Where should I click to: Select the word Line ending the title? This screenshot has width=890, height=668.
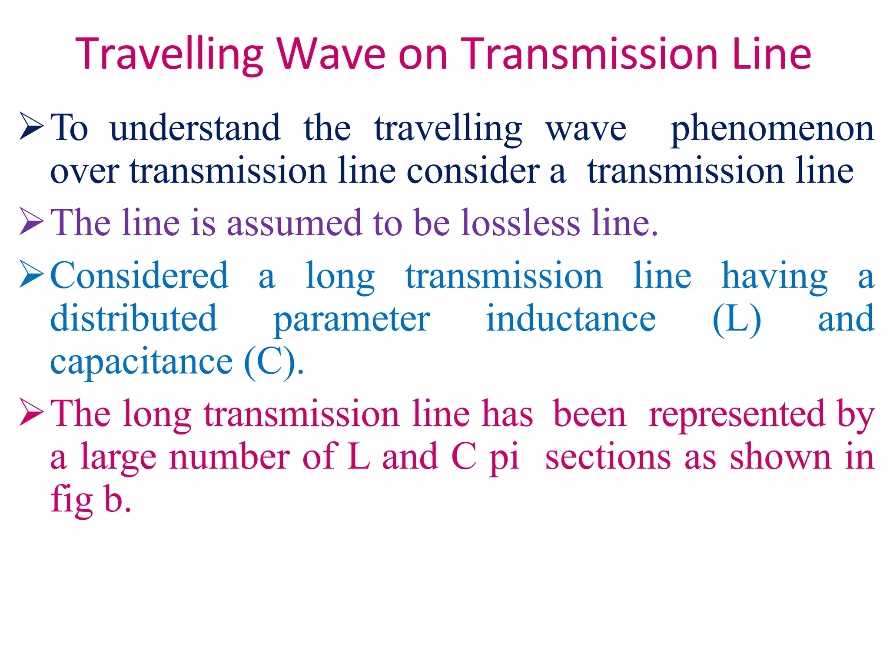(x=771, y=54)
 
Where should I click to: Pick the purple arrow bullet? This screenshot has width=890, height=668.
(x=32, y=222)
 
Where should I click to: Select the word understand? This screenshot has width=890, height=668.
(x=195, y=128)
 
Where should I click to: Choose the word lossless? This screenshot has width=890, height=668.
(x=521, y=223)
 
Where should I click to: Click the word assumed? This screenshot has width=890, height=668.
(x=294, y=223)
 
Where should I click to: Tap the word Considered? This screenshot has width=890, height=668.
(x=139, y=276)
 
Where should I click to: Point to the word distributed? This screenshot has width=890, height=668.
(x=134, y=318)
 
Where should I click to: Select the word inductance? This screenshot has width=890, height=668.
(x=571, y=318)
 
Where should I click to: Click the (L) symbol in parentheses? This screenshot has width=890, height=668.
(x=737, y=319)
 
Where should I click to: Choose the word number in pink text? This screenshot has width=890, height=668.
(x=229, y=457)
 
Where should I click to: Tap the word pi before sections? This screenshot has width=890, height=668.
(x=505, y=458)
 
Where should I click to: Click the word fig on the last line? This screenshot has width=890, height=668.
(x=72, y=500)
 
